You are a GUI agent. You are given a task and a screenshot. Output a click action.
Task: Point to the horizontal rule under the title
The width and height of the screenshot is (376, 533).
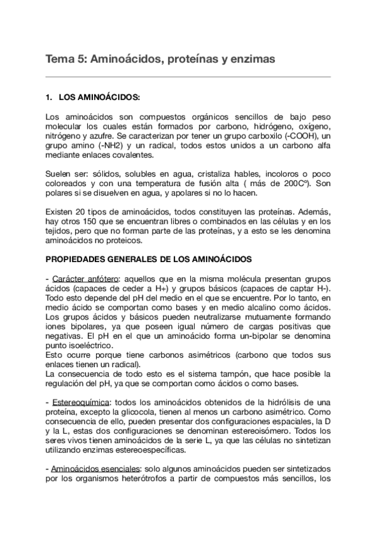[x=188, y=77]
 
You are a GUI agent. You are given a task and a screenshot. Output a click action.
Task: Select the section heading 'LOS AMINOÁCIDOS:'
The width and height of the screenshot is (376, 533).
[x=99, y=98]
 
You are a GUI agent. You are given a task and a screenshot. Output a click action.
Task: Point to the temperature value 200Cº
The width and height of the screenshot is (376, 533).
[x=294, y=184]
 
